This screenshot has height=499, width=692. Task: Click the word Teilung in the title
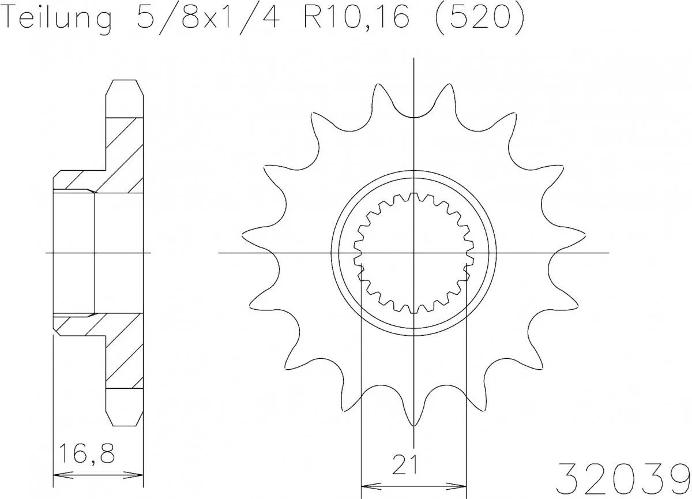pyautogui.click(x=58, y=18)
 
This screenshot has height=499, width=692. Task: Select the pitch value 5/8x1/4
pyautogui.click(x=206, y=18)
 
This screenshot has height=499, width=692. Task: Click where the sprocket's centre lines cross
pyautogui.click(x=413, y=253)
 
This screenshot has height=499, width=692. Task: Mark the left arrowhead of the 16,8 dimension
pyautogui.click(x=56, y=475)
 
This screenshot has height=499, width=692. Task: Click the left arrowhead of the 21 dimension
pyautogui.click(x=364, y=485)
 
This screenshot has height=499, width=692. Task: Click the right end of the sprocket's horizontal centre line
pyautogui.click(x=609, y=253)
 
